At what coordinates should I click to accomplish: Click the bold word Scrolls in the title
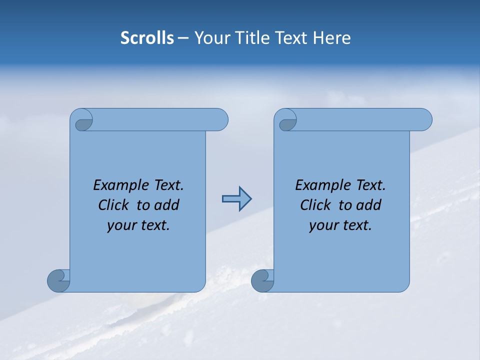147,38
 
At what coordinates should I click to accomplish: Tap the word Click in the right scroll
315,205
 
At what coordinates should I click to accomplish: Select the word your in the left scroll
121,225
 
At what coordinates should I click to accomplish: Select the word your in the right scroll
323,225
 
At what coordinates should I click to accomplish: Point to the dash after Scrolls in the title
183,38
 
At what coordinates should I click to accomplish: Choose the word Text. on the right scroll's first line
370,185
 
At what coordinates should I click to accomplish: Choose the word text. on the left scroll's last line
154,225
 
